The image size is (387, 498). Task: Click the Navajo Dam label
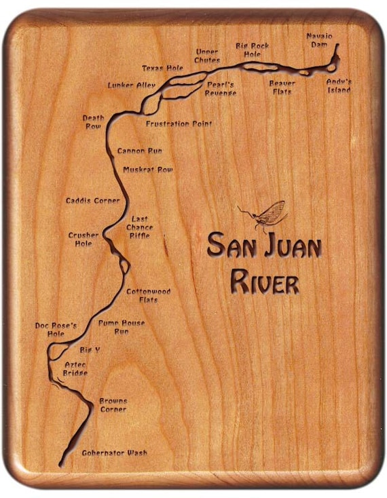tap(319, 39)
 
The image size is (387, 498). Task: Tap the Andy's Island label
tap(338, 85)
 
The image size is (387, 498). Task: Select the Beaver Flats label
tap(282, 87)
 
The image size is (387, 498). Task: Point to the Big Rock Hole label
tap(253, 50)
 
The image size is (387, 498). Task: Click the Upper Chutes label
tap(207, 56)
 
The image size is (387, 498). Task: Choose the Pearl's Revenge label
tap(221, 88)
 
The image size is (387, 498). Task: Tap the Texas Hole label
tap(162, 69)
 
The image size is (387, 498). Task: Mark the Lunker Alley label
tap(131, 85)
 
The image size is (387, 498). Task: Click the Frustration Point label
tap(179, 124)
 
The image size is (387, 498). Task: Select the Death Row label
tap(94, 122)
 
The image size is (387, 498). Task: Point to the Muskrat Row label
tap(147, 170)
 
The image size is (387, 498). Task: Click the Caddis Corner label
tap(92, 201)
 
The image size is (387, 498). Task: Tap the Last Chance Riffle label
tap(139, 227)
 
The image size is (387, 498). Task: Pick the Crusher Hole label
tap(84, 239)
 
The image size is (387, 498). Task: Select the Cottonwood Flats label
tap(148, 295)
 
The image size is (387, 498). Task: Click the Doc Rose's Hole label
tap(56, 329)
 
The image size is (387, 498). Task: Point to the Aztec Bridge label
tap(75, 368)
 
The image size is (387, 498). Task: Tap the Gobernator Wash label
tap(114, 453)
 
